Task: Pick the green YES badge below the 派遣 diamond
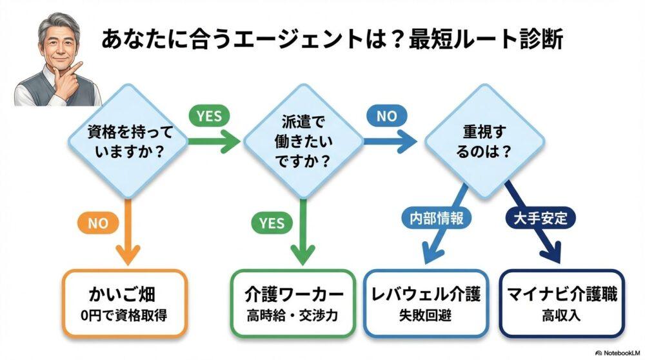point(272,223)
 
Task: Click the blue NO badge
point(386,115)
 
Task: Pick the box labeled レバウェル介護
point(427,303)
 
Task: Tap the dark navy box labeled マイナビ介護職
point(561,303)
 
